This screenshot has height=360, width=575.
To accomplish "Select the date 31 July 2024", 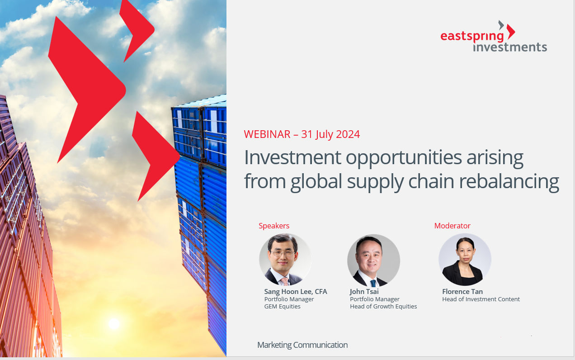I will point(330,134).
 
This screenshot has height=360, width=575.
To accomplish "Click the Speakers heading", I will point(274,226).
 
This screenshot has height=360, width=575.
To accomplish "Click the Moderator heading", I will point(452,226).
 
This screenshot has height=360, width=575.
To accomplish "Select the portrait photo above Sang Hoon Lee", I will point(285,260).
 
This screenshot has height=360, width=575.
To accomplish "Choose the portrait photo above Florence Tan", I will point(465,260).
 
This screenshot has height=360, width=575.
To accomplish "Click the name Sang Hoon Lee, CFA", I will point(296,292).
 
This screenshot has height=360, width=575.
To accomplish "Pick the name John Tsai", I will point(364,292).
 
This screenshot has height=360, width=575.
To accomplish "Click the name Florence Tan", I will point(462,292).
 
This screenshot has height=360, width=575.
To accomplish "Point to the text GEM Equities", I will point(282,307).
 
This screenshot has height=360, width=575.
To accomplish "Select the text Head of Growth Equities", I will point(383,307).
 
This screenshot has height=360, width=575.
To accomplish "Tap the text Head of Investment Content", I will point(481,299).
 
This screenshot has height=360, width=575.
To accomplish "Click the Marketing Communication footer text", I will point(302,345).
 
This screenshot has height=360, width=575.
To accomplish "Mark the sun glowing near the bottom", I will point(114,323).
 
